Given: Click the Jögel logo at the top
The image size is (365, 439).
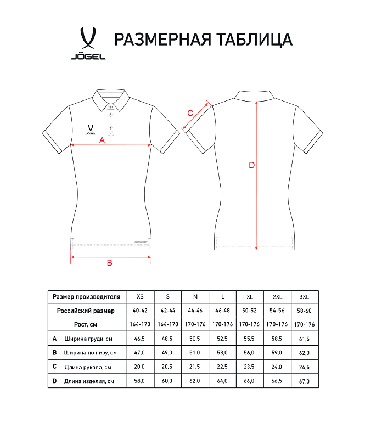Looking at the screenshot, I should [88, 43].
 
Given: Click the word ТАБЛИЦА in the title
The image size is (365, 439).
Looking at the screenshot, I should [255, 40].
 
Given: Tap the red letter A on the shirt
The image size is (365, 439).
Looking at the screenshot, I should [102, 140].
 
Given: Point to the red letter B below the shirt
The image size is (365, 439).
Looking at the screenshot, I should [109, 263].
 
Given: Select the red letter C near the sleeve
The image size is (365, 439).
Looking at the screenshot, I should [190, 113].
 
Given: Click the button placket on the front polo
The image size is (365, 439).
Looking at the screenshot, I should [111, 118].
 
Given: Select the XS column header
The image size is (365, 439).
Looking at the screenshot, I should [141, 297].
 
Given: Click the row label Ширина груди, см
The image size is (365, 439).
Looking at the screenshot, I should [88, 339].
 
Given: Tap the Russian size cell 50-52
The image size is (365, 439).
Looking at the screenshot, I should [250, 311].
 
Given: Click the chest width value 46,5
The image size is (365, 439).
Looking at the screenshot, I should [141, 339].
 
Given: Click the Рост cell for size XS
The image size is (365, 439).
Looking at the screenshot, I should [141, 324].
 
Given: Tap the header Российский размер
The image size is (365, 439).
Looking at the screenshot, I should [86, 311].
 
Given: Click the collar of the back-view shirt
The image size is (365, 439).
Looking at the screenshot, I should [257, 94].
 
